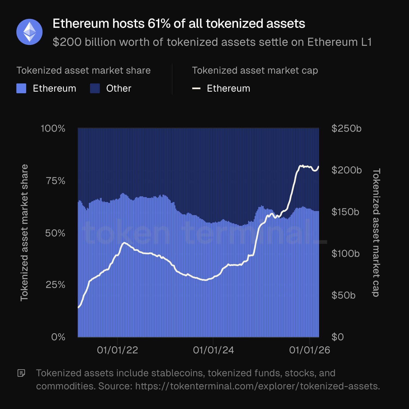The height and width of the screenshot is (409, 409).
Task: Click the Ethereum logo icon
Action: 29,32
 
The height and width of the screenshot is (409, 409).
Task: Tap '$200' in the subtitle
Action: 67,42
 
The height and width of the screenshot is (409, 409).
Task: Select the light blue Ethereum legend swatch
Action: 21,88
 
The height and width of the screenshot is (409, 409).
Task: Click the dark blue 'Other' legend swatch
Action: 95,88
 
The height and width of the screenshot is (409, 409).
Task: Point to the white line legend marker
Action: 196,88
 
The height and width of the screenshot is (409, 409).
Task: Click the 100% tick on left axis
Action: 53,128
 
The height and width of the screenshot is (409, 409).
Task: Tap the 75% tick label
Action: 56,181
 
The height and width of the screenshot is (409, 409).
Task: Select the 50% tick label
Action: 55,233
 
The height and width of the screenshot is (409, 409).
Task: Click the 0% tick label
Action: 58,337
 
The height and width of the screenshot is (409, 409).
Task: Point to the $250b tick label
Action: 346,128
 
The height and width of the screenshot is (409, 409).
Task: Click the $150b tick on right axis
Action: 345,212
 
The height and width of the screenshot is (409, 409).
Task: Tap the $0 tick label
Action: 338,337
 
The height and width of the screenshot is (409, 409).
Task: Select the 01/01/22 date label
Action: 117,350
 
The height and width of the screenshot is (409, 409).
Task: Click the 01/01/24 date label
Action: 213,350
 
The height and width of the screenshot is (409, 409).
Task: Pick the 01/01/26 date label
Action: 309,350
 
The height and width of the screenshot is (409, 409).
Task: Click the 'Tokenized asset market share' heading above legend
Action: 83,71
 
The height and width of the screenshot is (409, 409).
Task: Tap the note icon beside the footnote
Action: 21,373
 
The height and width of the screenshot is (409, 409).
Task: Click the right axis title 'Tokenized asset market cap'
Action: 376,233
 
